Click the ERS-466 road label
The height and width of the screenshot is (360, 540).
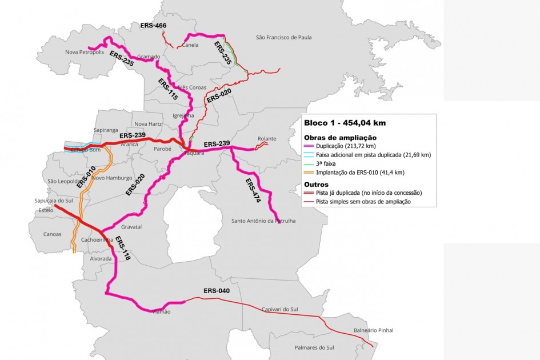point(153,26)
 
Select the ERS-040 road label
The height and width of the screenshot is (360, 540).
point(217,291)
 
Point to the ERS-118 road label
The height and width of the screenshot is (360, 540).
point(123,249)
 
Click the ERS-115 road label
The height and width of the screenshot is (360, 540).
point(168,89)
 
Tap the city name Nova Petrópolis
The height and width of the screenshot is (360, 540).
point(85,52)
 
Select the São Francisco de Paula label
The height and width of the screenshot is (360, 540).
point(284,38)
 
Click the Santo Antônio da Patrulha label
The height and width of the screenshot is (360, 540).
point(263,221)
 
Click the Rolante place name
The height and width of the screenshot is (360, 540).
point(267,138)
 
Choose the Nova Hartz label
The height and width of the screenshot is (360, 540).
point(147,124)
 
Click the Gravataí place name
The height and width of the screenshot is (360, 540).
point(131,227)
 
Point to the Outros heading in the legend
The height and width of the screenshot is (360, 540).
point(316,185)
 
